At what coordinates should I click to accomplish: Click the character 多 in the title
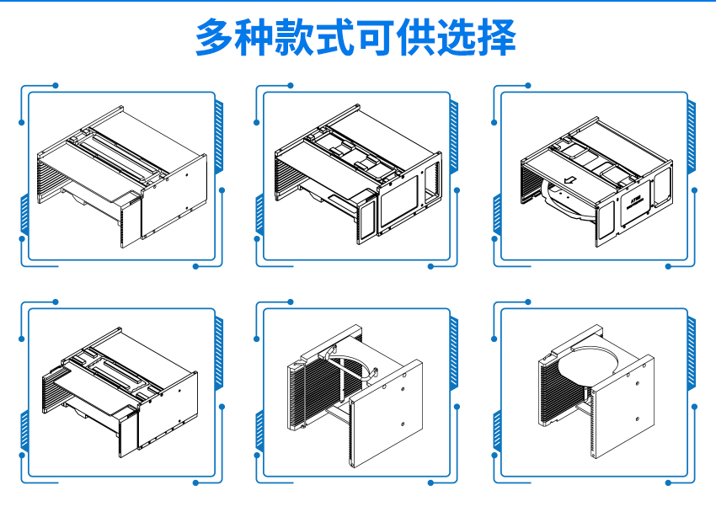click(214, 37)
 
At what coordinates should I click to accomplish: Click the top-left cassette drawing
click(122, 177)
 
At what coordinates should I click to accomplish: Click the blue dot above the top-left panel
click(56, 85)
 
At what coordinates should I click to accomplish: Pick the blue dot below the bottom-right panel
click(668, 483)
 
